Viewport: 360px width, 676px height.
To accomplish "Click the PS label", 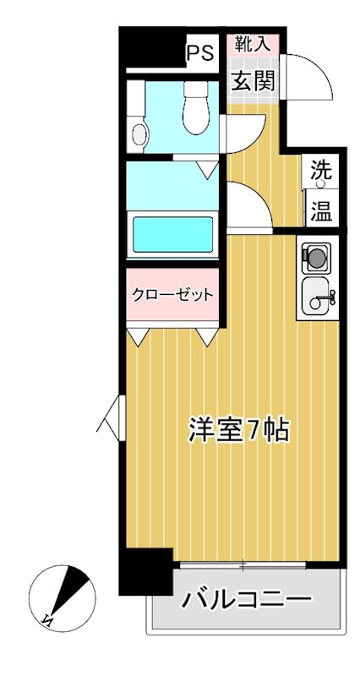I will coord(199,53).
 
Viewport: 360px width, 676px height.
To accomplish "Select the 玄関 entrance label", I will coord(253,82).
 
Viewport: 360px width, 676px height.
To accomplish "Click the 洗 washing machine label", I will coord(320,168).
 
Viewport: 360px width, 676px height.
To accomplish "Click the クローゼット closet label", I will coord(172,295).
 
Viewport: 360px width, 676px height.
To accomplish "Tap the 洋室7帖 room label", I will coord(238,430).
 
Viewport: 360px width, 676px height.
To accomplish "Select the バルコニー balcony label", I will coord(246,601).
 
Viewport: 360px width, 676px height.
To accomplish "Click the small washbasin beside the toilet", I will coord(139,133).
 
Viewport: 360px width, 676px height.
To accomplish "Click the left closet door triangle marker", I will coord(137,337).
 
